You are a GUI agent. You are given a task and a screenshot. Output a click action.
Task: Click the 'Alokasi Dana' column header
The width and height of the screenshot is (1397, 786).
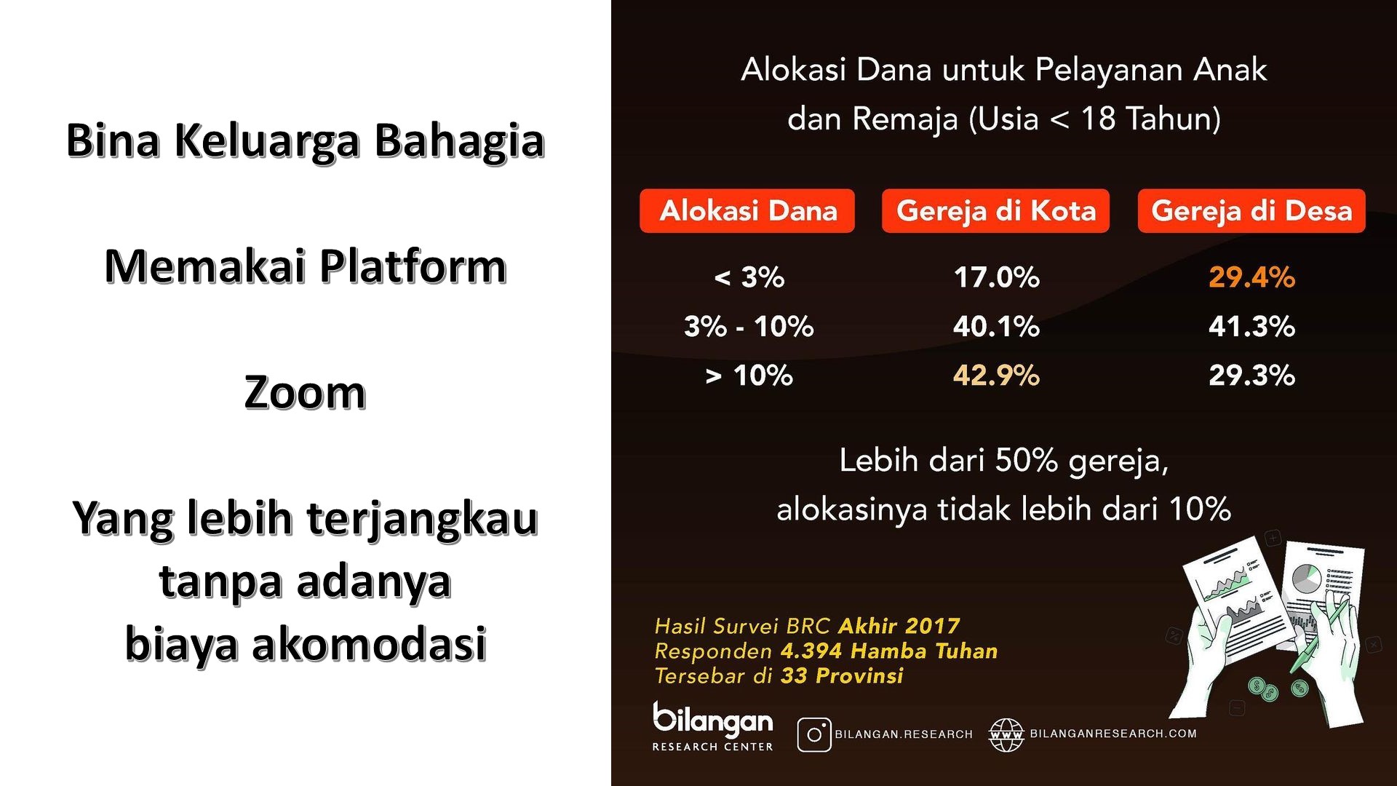[747, 211]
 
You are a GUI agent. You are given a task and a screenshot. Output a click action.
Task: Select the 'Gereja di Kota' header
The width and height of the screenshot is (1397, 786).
[995, 211]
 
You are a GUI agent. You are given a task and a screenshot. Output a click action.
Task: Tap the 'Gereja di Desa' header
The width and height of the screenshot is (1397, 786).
[1251, 211]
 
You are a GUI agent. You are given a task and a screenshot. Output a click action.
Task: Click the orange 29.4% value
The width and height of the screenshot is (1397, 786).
[1251, 277]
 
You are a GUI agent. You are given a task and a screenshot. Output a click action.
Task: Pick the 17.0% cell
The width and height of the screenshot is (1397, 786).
[996, 277]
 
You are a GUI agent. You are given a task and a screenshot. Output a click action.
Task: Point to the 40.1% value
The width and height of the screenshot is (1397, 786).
[996, 327]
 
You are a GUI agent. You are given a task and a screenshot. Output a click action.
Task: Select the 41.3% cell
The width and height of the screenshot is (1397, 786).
[1251, 327]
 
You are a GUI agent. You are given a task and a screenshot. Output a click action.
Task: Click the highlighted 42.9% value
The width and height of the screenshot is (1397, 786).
[996, 376]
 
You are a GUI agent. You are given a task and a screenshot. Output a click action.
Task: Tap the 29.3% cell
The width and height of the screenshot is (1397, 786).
[1251, 376]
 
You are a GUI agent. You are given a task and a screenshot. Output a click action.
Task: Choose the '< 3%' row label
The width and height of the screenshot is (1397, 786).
[749, 277]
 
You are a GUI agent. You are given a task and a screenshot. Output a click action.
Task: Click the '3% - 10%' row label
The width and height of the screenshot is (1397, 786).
[749, 327]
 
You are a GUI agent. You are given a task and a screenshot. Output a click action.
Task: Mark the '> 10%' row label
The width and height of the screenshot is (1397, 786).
[749, 376]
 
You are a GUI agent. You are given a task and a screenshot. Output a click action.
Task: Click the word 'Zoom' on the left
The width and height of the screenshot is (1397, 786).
[305, 393]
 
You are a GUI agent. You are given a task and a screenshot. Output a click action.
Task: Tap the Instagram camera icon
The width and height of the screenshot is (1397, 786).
[814, 734]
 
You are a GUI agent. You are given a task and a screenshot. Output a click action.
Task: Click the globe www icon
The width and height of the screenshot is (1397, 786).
[1006, 734]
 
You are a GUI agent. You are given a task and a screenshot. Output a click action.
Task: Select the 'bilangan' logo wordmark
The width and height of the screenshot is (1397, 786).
[712, 720]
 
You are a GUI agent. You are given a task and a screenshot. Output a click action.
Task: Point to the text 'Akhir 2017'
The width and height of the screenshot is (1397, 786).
[899, 626]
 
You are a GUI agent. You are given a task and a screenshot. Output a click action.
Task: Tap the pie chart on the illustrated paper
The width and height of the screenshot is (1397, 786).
[1307, 579]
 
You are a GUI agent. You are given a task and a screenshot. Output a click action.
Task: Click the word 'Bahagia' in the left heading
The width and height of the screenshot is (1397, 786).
[459, 141]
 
